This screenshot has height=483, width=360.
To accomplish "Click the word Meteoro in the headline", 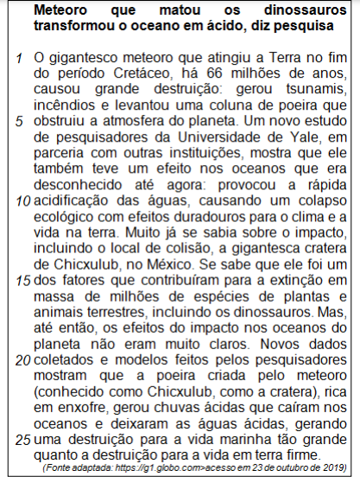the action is tap(63, 12).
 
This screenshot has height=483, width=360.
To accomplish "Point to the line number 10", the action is tap(22, 199).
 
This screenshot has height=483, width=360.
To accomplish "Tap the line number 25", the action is tap(22, 439).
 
